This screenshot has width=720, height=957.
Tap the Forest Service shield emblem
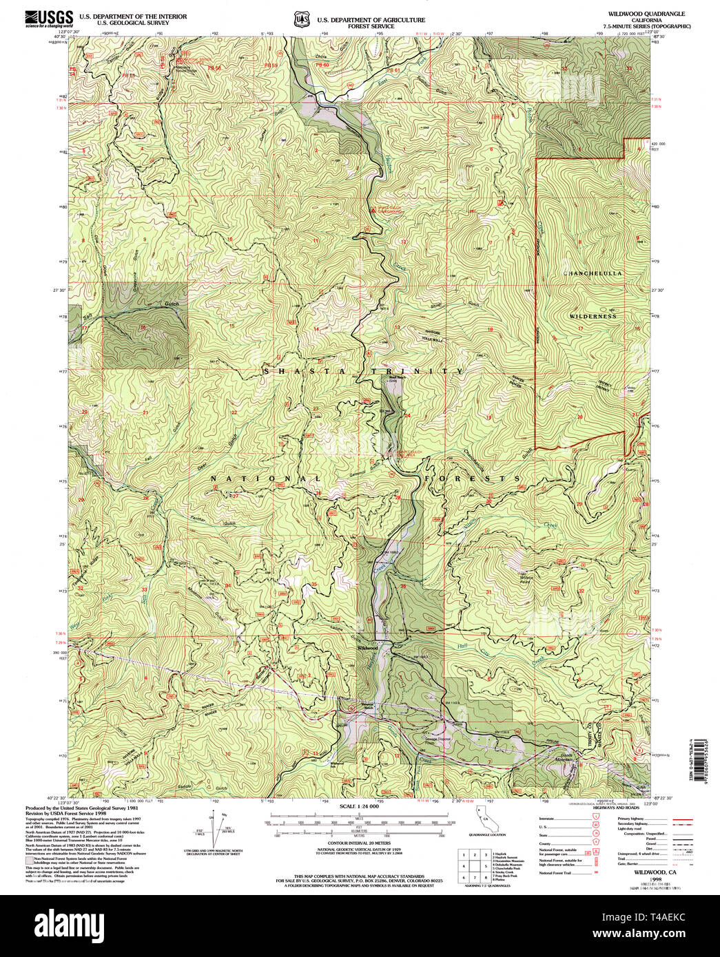point(300,20)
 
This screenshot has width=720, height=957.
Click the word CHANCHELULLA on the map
point(593,273)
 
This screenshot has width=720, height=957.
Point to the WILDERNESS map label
point(593,316)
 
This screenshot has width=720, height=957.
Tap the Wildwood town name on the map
point(367,648)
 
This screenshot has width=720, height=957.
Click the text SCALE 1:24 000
point(359,806)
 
